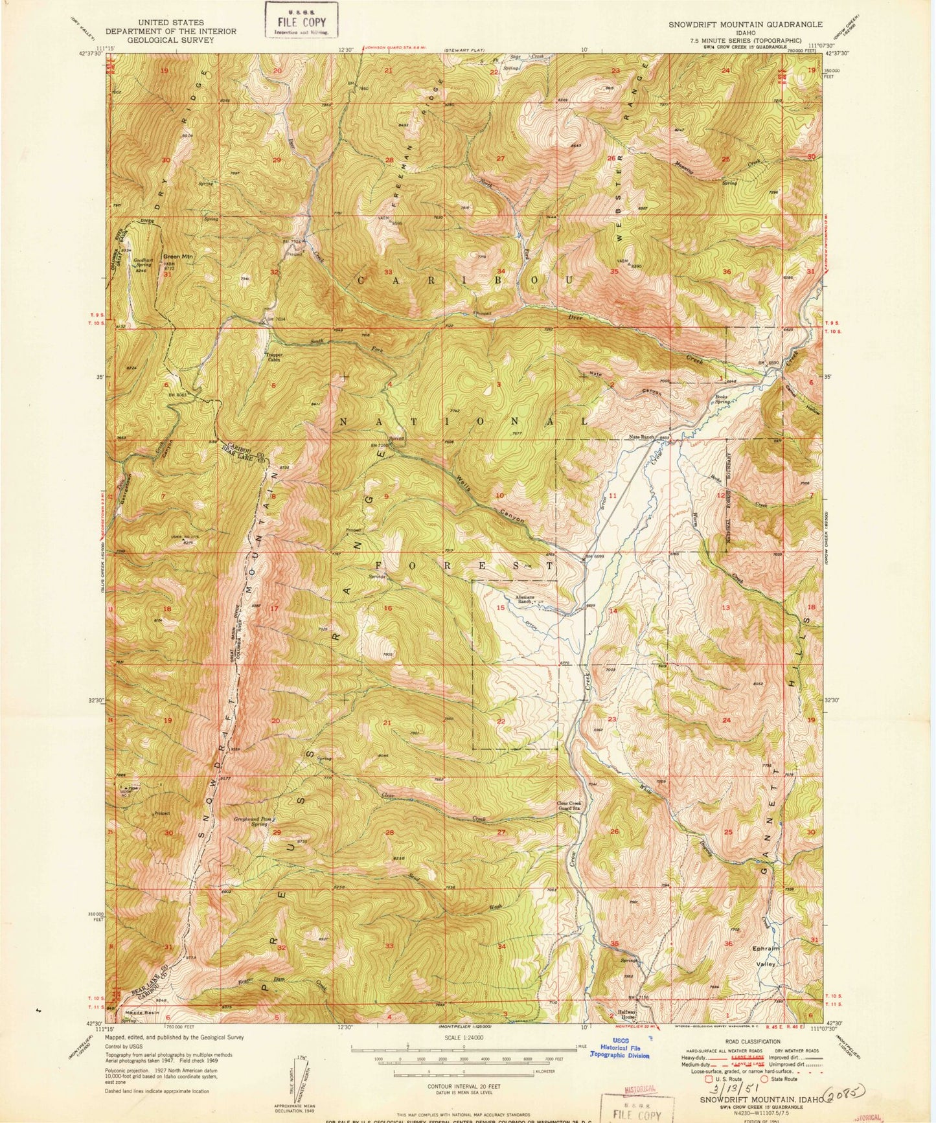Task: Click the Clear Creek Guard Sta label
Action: [569, 807]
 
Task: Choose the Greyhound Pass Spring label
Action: [250, 821]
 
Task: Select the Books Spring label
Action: [722, 400]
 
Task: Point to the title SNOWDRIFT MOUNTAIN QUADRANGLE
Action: [745, 24]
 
